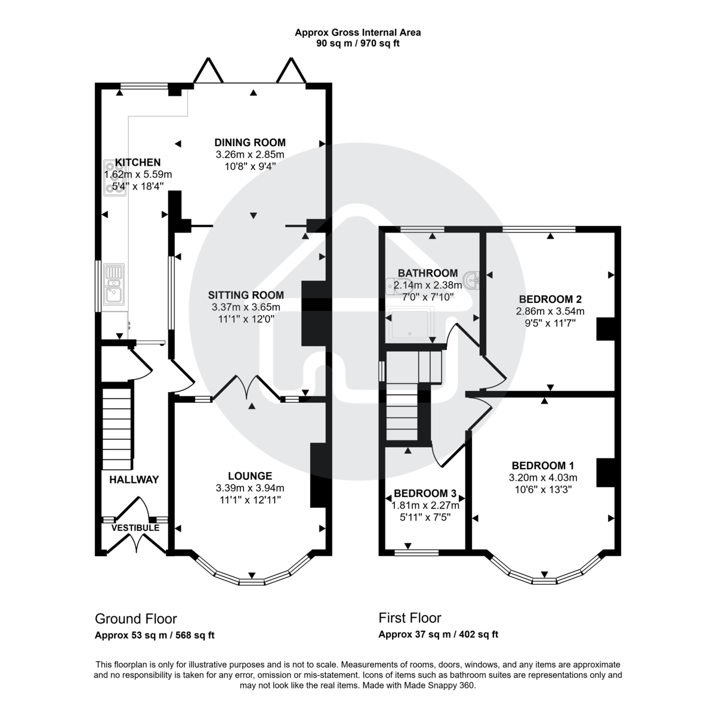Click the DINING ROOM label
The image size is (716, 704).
point(250,142)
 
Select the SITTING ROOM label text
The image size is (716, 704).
point(246,295)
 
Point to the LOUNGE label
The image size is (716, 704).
point(250,476)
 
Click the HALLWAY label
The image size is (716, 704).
point(134,479)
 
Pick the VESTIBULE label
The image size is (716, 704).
point(135,528)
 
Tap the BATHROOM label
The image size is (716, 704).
point(428,274)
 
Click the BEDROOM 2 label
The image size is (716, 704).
point(550,299)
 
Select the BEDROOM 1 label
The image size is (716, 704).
point(543,466)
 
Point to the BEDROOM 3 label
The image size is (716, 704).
point(425,494)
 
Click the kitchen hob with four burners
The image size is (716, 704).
point(111,177)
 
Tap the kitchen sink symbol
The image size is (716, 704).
point(113,286)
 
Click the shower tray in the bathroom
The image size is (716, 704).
point(412,325)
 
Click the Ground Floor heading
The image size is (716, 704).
point(136,619)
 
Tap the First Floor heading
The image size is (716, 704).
point(410,618)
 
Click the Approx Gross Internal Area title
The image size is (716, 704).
point(358,33)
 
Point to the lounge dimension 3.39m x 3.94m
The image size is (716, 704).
point(250,488)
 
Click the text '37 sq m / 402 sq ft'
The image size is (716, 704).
point(457,635)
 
